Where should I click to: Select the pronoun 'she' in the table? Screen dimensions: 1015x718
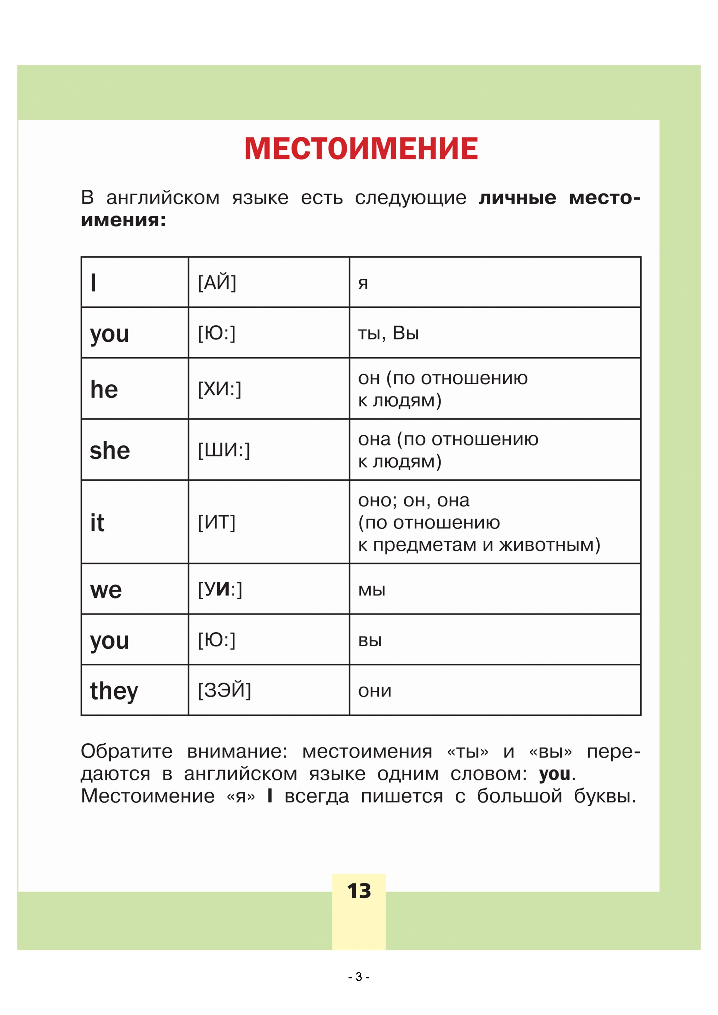pos(110,451)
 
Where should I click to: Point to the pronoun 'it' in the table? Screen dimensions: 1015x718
pos(97,523)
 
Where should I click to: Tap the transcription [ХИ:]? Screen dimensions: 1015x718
pos(219,389)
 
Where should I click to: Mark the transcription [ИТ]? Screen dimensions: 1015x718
pos(217,523)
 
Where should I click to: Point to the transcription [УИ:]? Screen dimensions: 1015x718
pos(220,589)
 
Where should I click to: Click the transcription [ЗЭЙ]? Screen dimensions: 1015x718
pos(224,690)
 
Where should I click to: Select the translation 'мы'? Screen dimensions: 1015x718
pos(371,590)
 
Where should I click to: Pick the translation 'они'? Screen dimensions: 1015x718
pos(375,690)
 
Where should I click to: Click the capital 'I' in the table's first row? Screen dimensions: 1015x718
pos(93,283)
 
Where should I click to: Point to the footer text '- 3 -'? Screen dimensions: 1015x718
pos(358,977)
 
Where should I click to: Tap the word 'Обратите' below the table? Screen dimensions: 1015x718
pos(126,751)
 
